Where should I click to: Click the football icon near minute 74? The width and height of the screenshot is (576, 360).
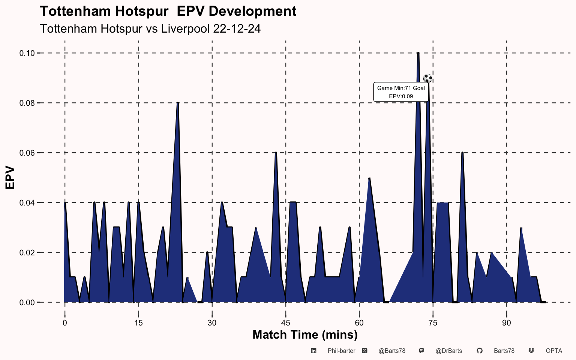tap(427, 78)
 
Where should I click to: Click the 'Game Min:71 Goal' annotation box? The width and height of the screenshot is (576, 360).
tap(401, 92)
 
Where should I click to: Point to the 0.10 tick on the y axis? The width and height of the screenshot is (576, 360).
tap(27, 53)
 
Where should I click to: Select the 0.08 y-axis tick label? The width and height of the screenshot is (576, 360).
tap(27, 103)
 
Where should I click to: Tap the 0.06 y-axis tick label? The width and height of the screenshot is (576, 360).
tap(27, 153)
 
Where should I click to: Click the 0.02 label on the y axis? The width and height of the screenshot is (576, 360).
tap(27, 253)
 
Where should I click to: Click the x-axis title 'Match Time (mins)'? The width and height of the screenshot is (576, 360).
tap(305, 334)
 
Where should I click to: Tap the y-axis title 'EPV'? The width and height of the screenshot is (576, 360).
tap(10, 178)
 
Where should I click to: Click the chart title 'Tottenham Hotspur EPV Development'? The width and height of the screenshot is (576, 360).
tap(168, 11)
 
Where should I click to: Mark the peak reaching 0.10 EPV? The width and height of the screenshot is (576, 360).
tap(418, 53)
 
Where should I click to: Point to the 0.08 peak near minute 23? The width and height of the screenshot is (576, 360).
tap(178, 103)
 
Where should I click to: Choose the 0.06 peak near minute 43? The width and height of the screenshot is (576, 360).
tap(276, 153)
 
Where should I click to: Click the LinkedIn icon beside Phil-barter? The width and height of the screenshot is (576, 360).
tap(313, 351)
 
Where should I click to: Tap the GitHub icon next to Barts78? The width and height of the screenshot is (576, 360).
tap(479, 351)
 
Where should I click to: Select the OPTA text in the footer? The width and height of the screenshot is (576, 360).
tap(554, 351)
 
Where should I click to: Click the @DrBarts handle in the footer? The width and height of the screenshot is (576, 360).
tap(448, 351)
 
